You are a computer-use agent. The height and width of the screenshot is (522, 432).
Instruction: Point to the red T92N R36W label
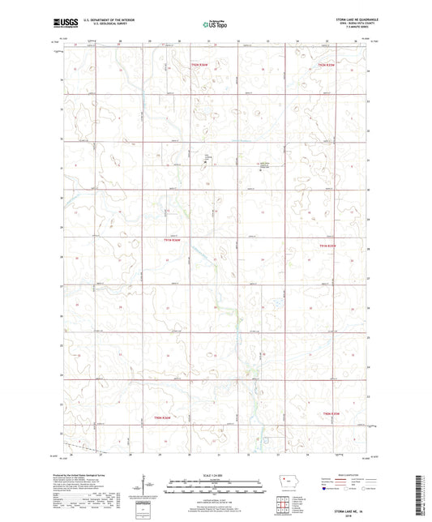click(199, 64)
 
